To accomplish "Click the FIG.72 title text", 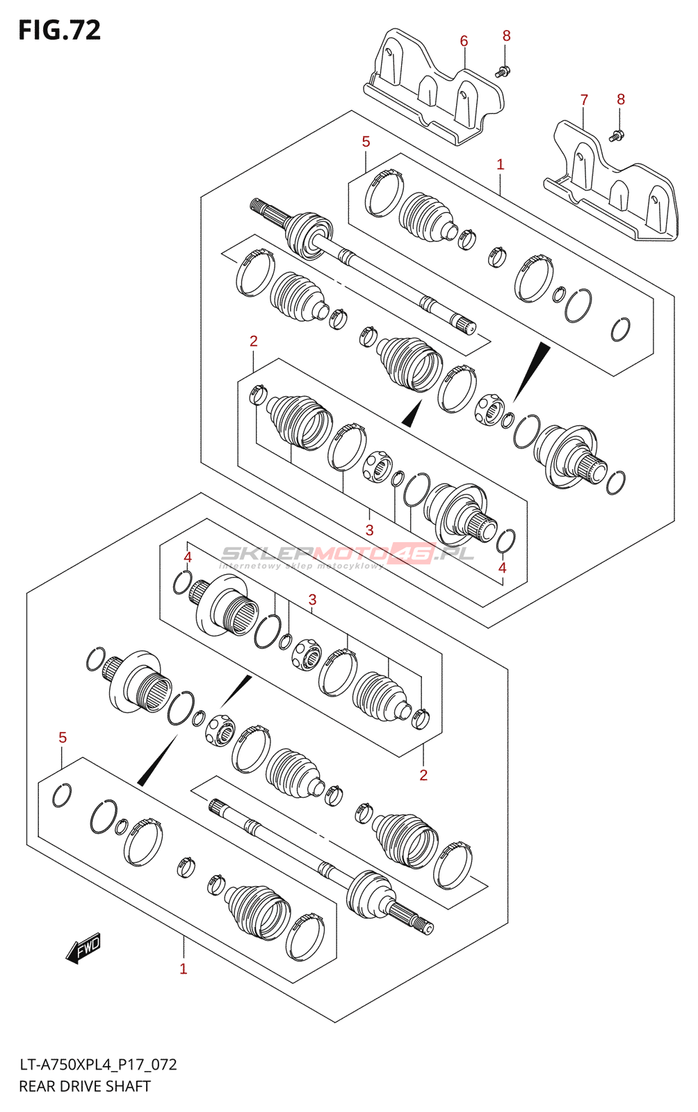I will (60, 30).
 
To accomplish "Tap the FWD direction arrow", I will (83, 948).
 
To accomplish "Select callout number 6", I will (464, 41).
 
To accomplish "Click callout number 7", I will (584, 100).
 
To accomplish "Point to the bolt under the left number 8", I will (503, 70).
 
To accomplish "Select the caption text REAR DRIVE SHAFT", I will (85, 1086).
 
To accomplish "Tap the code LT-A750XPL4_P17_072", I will (98, 1065).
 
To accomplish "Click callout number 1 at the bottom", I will (184, 969).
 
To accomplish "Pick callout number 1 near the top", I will (500, 165).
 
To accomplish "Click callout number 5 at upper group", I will (366, 142).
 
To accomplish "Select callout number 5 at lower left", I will (63, 737).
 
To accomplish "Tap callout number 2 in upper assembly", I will (254, 341).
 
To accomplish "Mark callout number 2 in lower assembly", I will (423, 775).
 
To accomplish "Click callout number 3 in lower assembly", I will (312, 600).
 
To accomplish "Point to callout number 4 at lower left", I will (187, 557).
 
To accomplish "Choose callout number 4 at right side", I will (503, 568).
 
